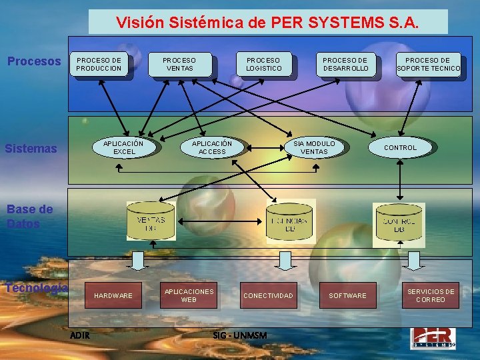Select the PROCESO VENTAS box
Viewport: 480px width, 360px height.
pos(179,64)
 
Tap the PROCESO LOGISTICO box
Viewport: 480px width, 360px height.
pos(263,64)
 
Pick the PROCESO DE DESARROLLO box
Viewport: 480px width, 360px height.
pos(345,64)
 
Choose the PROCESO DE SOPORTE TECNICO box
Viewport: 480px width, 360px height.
pos(428,64)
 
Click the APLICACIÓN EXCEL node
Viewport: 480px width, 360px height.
pos(124,147)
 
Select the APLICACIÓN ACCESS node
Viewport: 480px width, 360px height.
pos(212,147)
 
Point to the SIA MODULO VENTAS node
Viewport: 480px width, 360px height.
pos(314,147)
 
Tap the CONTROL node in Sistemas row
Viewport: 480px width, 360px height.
pos(400,147)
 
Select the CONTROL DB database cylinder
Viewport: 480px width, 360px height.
pos(399,222)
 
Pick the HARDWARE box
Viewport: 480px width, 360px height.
pos(113,295)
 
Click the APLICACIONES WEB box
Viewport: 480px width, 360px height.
pos(189,295)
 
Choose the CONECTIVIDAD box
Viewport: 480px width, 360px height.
pos(268,295)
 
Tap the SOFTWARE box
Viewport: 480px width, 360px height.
pos(347,295)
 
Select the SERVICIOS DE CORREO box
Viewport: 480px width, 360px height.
pos(431,295)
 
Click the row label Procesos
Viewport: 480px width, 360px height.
pos(34,61)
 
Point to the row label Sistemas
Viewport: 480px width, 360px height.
pos(31,148)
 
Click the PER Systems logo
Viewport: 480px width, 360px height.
pos(433,337)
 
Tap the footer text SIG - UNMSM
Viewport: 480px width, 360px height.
pos(239,335)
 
